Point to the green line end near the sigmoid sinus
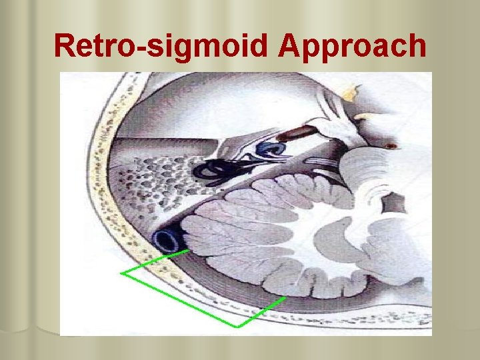point(189,251)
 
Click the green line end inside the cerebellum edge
point(285,298)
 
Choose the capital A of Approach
point(294,45)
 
